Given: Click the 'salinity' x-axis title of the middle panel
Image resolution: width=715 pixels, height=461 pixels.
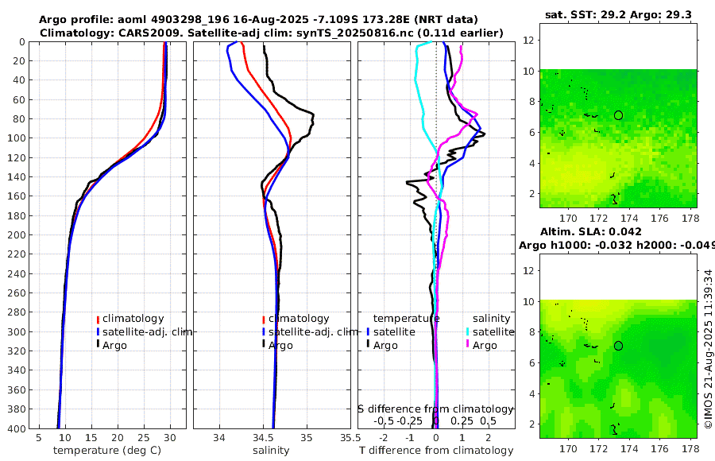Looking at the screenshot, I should coord(271,450).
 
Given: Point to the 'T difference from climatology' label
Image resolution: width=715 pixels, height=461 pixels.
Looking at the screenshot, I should coord(436,450).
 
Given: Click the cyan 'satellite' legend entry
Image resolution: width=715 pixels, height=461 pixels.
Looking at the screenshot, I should coord(493,331).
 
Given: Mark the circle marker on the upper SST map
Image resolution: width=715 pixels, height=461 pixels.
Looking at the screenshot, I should coord(618,115).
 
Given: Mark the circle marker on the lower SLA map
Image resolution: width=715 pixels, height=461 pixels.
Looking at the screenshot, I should coord(618,346).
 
